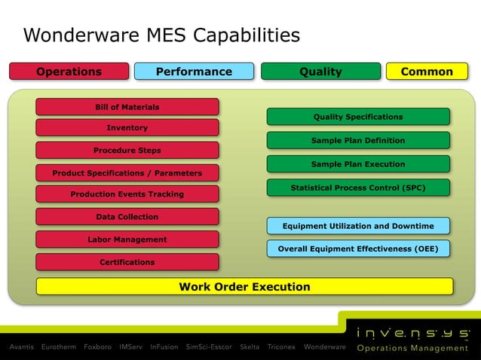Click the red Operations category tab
(69, 72)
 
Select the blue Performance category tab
(194, 72)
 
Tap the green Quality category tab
(320, 72)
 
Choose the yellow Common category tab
(427, 72)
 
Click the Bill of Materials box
(127, 107)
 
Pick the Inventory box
(127, 128)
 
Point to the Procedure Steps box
(127, 151)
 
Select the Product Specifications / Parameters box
(127, 173)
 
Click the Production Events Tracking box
(127, 194)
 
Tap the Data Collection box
(127, 217)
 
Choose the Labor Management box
(127, 239)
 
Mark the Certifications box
(127, 262)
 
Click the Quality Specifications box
(358, 117)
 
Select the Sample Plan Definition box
(358, 140)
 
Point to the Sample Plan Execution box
(358, 164)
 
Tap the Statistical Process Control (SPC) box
(358, 188)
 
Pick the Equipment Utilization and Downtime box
(358, 226)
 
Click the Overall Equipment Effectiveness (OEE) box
(358, 249)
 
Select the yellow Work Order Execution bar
(244, 286)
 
